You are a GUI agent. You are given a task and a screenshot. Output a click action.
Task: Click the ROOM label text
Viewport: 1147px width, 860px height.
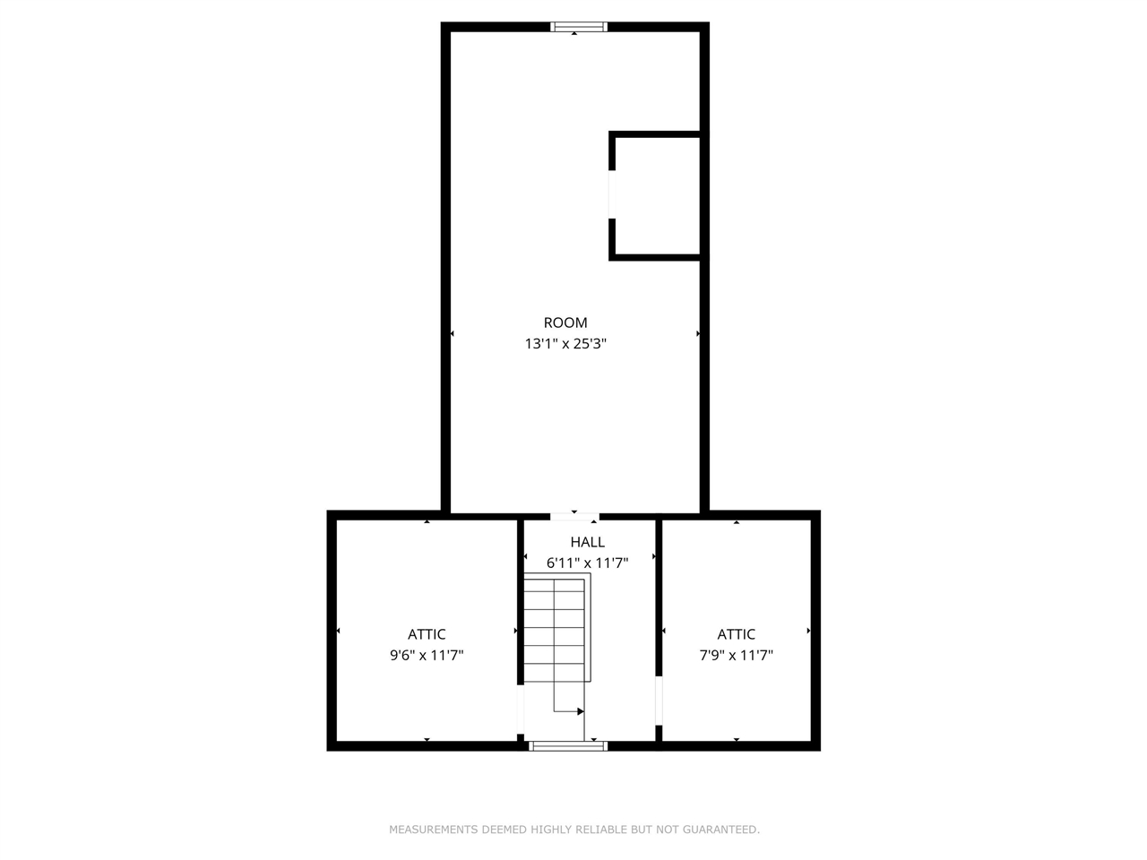pos(565,322)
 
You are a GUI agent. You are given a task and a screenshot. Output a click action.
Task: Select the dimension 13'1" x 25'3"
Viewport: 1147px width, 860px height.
pos(565,343)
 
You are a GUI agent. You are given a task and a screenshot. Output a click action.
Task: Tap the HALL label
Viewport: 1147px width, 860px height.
pos(587,542)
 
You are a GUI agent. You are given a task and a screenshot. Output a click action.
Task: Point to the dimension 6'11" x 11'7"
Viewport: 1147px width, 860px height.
pos(587,563)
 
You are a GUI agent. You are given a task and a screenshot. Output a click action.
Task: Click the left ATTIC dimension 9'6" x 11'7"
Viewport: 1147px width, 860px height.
pos(427,655)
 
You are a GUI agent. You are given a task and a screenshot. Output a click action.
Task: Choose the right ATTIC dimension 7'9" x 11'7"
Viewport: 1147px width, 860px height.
pos(736,655)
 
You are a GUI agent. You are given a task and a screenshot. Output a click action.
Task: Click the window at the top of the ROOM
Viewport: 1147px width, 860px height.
pos(578,27)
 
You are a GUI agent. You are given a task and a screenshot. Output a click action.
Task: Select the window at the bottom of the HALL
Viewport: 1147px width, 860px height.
pos(568,745)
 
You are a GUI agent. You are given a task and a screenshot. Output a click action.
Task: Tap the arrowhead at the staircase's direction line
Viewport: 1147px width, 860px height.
pos(581,711)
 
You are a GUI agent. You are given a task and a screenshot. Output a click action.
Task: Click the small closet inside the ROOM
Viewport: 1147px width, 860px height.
pos(656,197)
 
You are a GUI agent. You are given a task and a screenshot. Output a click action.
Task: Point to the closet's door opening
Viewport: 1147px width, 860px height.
pos(612,194)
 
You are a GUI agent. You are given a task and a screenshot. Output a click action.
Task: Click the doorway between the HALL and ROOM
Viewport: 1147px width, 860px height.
pos(574,516)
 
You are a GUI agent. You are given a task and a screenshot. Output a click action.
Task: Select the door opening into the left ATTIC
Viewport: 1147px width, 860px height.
pos(520,709)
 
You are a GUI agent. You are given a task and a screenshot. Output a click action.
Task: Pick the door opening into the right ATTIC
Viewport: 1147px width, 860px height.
pos(659,700)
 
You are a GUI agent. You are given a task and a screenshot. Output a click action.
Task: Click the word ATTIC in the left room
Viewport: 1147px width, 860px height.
pos(427,634)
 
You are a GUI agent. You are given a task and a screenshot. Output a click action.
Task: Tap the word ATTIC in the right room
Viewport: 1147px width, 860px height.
pos(736,634)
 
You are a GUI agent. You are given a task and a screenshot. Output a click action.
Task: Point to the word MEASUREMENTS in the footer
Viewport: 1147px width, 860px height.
pos(434,830)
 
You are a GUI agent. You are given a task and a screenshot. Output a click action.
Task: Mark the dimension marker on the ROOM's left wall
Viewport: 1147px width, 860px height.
pos(452,334)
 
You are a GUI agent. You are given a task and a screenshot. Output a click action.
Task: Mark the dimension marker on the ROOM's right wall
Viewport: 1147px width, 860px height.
pos(698,334)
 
